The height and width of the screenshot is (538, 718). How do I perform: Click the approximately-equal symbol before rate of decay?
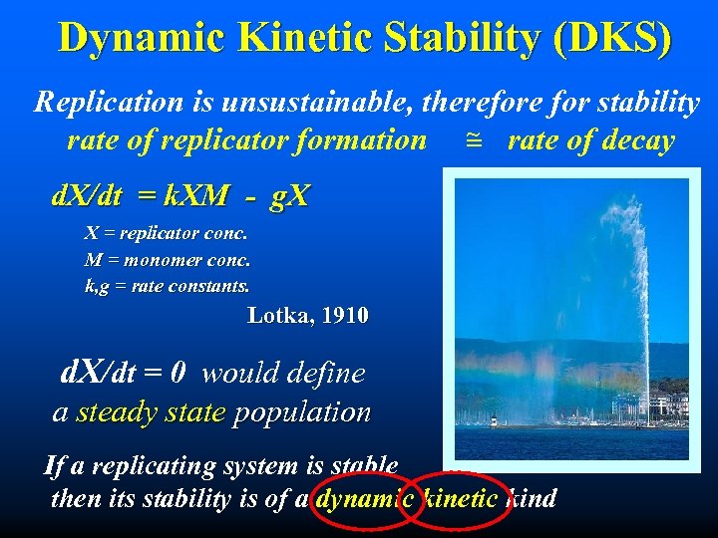[x=473, y=141]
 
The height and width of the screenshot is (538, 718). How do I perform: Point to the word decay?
[x=634, y=140]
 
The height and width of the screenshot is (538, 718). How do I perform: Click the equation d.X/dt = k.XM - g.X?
[x=179, y=195]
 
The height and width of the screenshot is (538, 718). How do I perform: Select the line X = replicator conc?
[x=166, y=233]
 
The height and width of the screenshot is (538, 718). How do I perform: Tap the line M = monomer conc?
[x=168, y=260]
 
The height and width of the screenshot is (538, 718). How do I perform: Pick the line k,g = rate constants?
[x=168, y=286]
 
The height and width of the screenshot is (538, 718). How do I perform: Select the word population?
[x=301, y=411]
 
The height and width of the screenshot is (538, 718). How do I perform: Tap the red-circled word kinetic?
[x=460, y=498]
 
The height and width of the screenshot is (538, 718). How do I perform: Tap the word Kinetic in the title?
[x=307, y=38]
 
